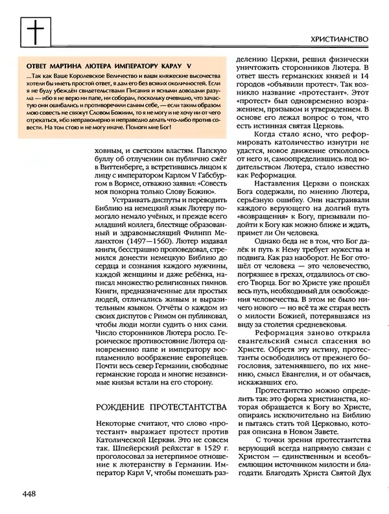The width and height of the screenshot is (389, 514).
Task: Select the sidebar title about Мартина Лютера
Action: [x=107, y=65]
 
